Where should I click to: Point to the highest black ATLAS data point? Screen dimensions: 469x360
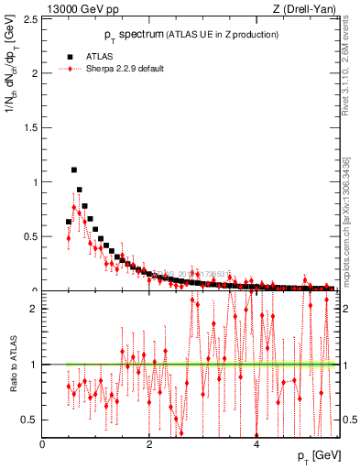pyautogui.click(x=74, y=169)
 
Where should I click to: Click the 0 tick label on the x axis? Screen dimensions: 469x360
pyautogui.click(x=43, y=443)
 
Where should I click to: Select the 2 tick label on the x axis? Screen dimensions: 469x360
pyautogui.click(x=149, y=443)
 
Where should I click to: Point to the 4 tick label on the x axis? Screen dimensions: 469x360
pyautogui.click(x=256, y=443)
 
